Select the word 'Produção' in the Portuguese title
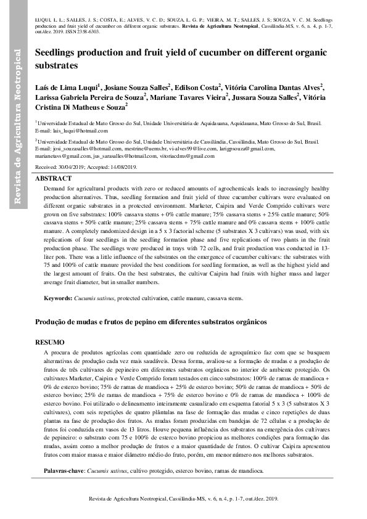[x=52, y=322]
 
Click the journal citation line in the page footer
[x=183, y=498]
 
